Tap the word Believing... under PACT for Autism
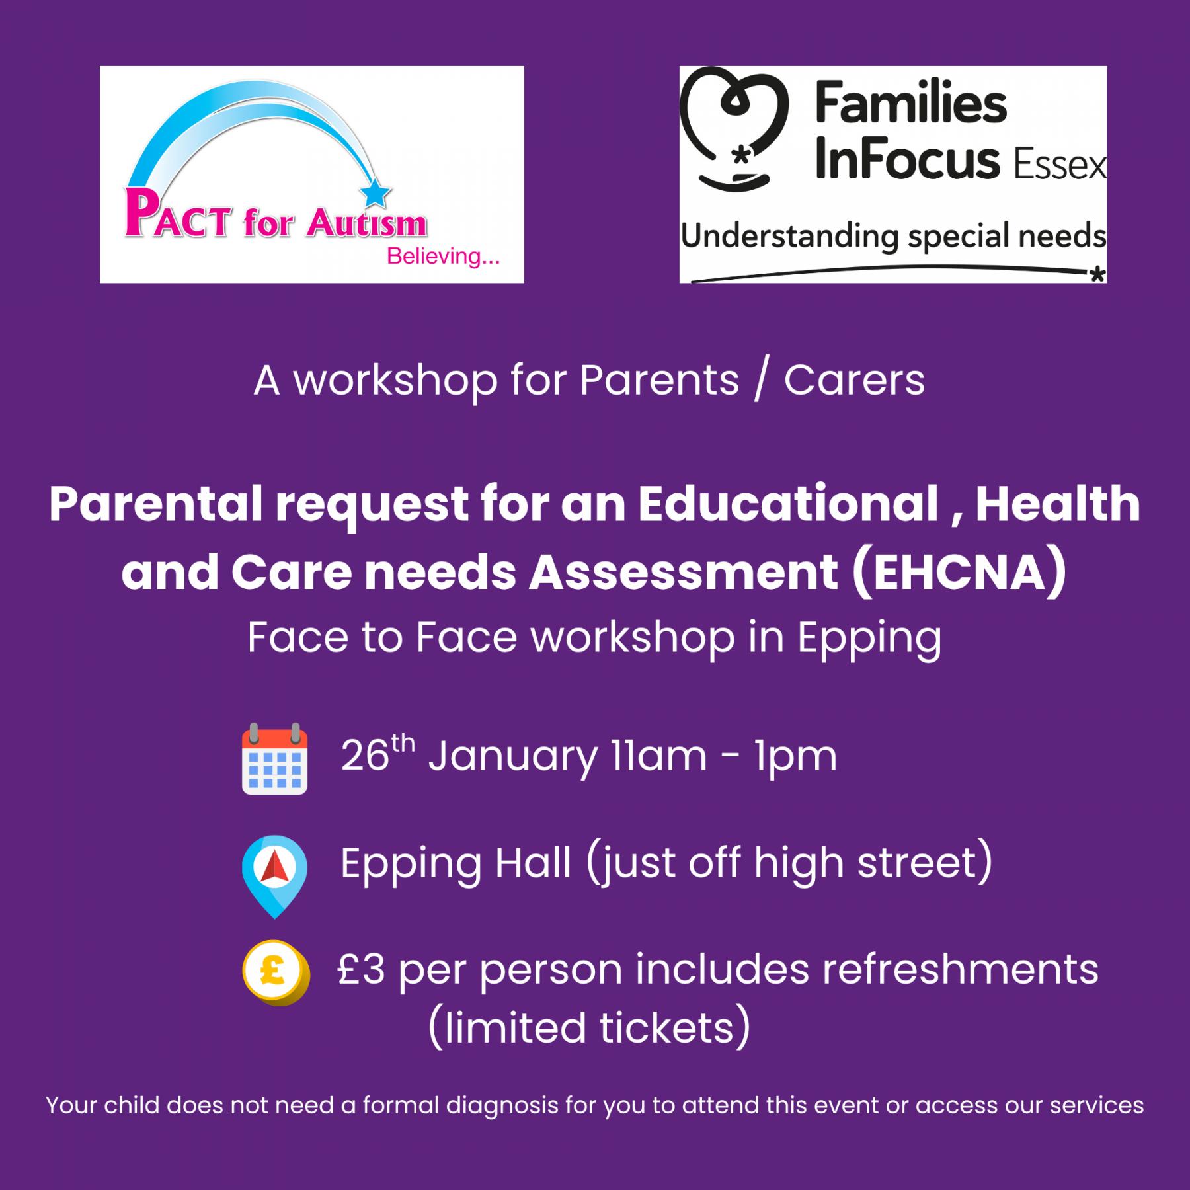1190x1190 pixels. [443, 256]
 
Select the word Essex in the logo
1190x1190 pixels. [1060, 166]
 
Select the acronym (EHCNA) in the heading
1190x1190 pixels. [959, 572]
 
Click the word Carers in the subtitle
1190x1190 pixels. [854, 381]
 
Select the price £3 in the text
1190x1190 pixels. [361, 970]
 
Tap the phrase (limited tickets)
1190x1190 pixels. [589, 1028]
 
